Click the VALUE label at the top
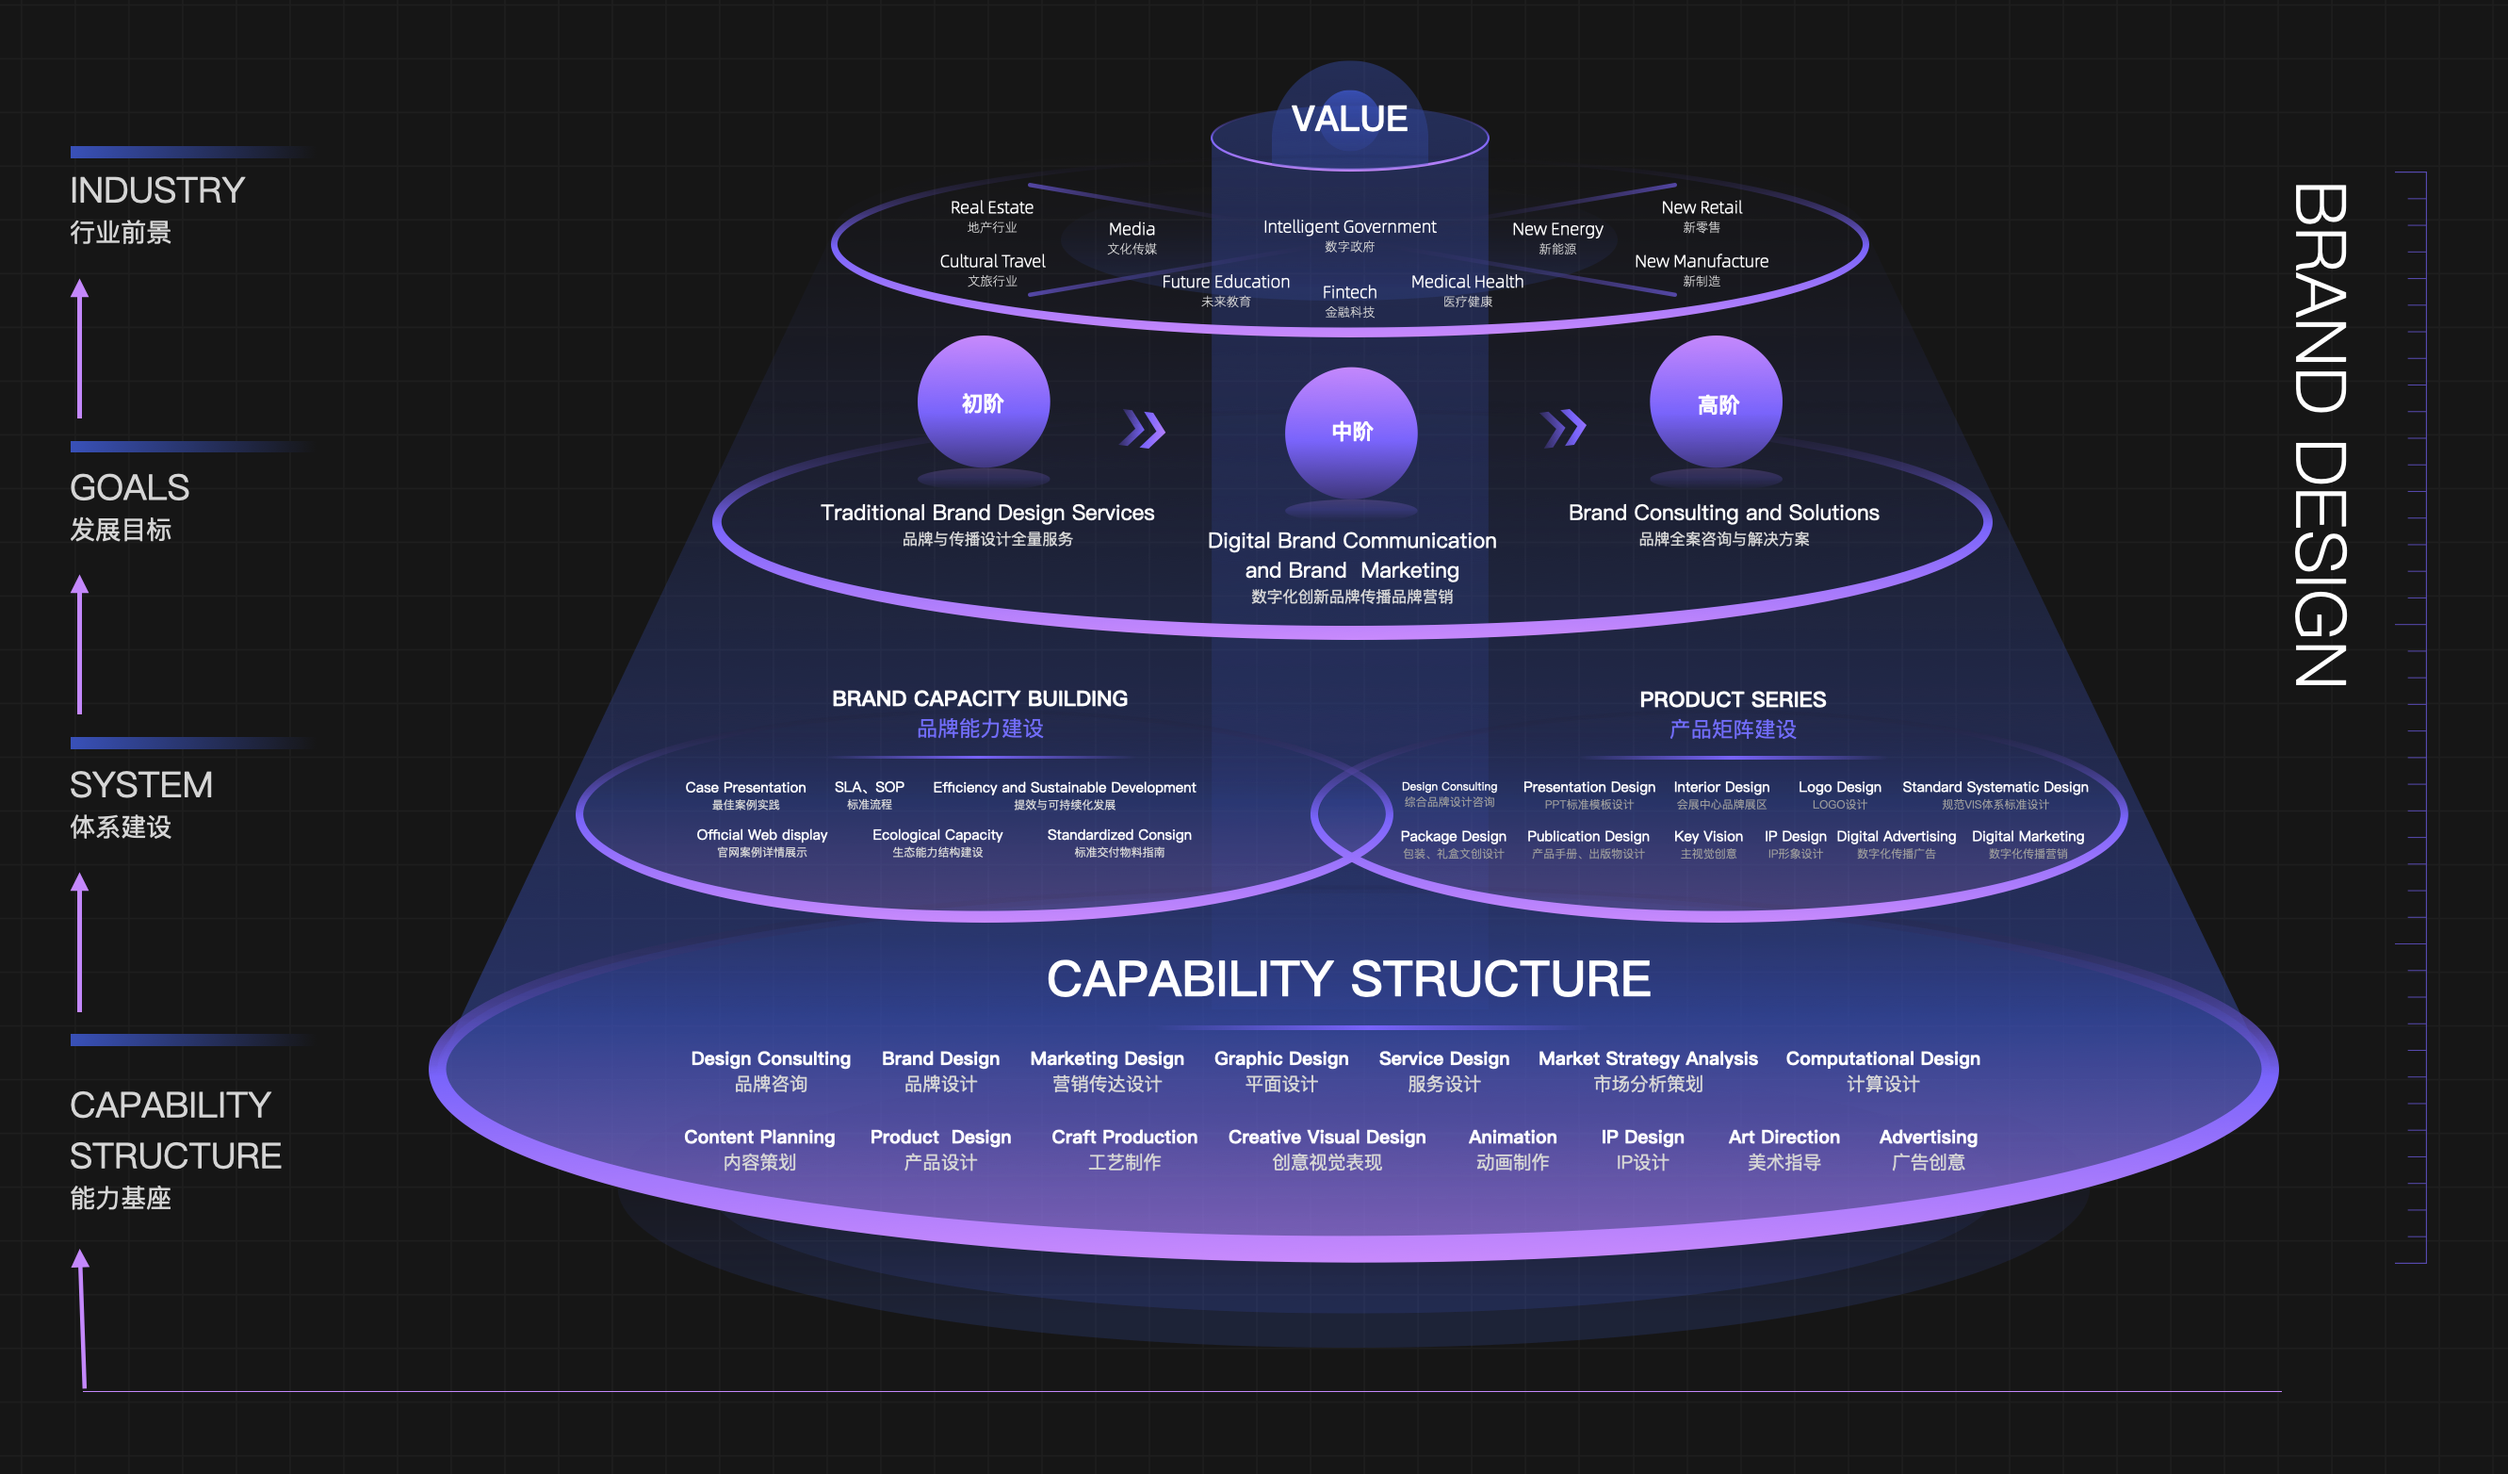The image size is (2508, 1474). tap(1348, 120)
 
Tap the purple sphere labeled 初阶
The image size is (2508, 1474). tap(983, 402)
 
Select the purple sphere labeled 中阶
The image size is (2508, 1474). tap(1350, 432)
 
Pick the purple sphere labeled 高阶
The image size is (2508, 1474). tap(1716, 403)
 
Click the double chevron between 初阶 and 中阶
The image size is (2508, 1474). tap(1143, 429)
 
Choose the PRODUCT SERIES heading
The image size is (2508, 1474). tap(1732, 699)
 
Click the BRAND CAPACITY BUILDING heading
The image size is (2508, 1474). tap(979, 698)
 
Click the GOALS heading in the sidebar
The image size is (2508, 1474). tap(129, 487)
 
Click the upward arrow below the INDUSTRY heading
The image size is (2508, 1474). tap(80, 349)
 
